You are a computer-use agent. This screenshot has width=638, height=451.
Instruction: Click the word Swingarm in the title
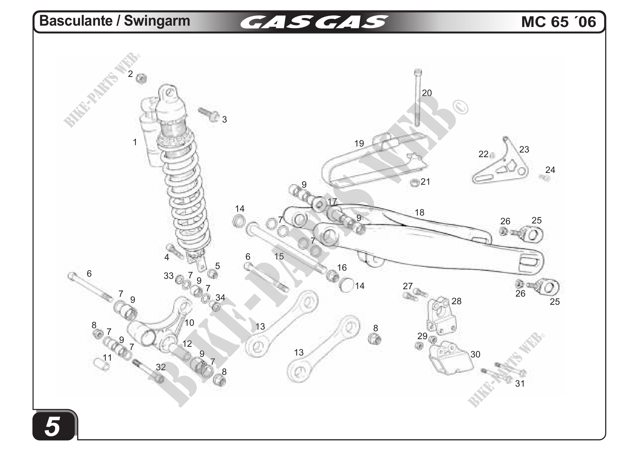157,21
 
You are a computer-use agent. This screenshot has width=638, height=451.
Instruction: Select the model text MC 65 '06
558,22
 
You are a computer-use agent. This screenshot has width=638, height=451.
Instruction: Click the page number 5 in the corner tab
52,426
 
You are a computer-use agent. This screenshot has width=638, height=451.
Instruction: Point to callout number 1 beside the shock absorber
135,142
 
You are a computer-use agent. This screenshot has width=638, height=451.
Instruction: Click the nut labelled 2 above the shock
142,79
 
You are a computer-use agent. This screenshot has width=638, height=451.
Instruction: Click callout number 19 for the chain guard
359,144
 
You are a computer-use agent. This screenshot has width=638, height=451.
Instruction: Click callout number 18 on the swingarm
419,213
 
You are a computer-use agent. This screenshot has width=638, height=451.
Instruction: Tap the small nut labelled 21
415,183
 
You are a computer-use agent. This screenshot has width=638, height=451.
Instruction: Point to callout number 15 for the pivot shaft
279,256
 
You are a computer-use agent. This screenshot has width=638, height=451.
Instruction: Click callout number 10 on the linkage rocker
189,323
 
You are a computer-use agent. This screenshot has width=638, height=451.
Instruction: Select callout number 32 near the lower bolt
161,367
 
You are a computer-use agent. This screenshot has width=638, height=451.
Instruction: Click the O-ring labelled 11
102,365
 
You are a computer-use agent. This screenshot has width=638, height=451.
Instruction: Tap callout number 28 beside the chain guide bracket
457,301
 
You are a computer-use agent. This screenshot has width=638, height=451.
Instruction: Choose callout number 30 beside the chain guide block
475,355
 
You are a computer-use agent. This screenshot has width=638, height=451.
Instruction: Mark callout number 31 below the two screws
520,384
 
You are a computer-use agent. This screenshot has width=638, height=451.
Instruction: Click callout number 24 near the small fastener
550,170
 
